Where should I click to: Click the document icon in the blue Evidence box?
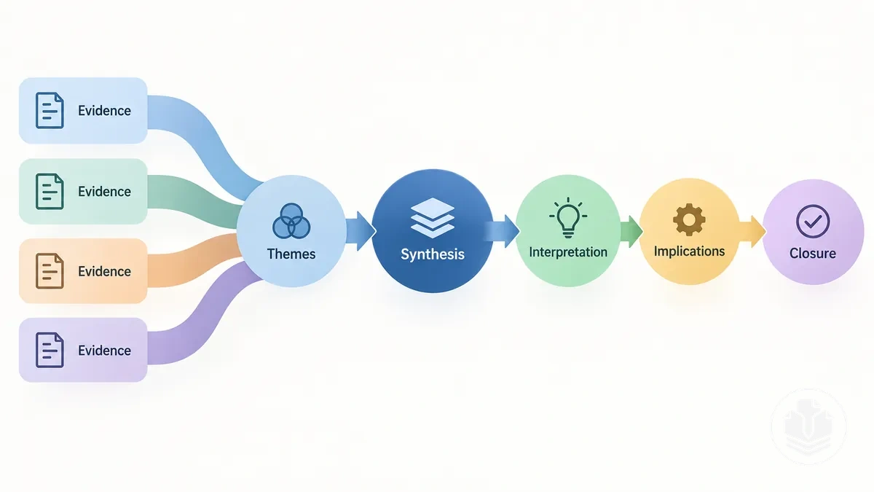[50, 111]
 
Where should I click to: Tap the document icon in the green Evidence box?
[50, 191]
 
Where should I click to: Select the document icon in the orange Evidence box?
[50, 271]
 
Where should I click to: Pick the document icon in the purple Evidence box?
[50, 350]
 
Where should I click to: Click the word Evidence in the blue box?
[104, 111]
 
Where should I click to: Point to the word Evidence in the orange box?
[104, 271]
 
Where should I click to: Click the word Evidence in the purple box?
[104, 351]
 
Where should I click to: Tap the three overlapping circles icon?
[291, 221]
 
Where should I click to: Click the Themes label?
[291, 254]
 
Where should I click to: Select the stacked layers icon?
[433, 217]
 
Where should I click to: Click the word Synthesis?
[433, 254]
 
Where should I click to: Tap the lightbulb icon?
[568, 217]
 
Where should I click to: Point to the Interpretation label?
[568, 252]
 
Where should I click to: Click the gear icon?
[689, 219]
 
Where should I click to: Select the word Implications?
[689, 251]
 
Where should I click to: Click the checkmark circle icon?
[813, 222]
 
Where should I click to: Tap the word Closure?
[813, 254]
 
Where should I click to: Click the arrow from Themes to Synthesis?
[361, 231]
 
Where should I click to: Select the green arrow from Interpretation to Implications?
[631, 231]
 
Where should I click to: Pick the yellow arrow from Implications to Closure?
[752, 231]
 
